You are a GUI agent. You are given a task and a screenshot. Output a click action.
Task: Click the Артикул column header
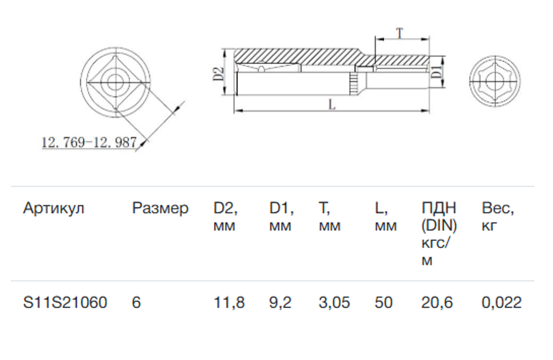(x=53, y=208)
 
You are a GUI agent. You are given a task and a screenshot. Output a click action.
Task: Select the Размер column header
(x=160, y=208)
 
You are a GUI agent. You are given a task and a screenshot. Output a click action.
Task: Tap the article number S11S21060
(x=65, y=303)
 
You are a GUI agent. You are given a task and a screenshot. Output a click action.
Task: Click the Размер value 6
(x=136, y=303)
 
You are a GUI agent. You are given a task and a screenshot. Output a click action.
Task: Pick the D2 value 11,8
(x=229, y=303)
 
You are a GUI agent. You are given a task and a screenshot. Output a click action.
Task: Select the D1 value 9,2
(x=280, y=303)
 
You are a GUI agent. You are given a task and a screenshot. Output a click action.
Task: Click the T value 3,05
(x=334, y=303)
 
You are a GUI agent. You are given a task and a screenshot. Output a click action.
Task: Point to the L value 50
(x=383, y=303)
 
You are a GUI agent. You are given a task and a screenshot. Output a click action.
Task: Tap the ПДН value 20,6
(x=437, y=303)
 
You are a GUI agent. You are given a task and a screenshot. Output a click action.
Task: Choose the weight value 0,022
(x=501, y=303)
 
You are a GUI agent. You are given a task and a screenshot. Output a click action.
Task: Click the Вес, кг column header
(x=498, y=217)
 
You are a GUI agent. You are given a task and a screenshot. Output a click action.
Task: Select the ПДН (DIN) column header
(x=439, y=234)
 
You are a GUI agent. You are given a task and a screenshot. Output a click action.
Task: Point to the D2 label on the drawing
(x=217, y=73)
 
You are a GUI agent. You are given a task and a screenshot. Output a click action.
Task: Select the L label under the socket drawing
(x=332, y=104)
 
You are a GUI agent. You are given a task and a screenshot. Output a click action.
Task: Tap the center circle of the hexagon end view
(x=494, y=82)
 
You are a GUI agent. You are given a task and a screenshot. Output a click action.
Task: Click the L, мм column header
(x=385, y=217)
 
